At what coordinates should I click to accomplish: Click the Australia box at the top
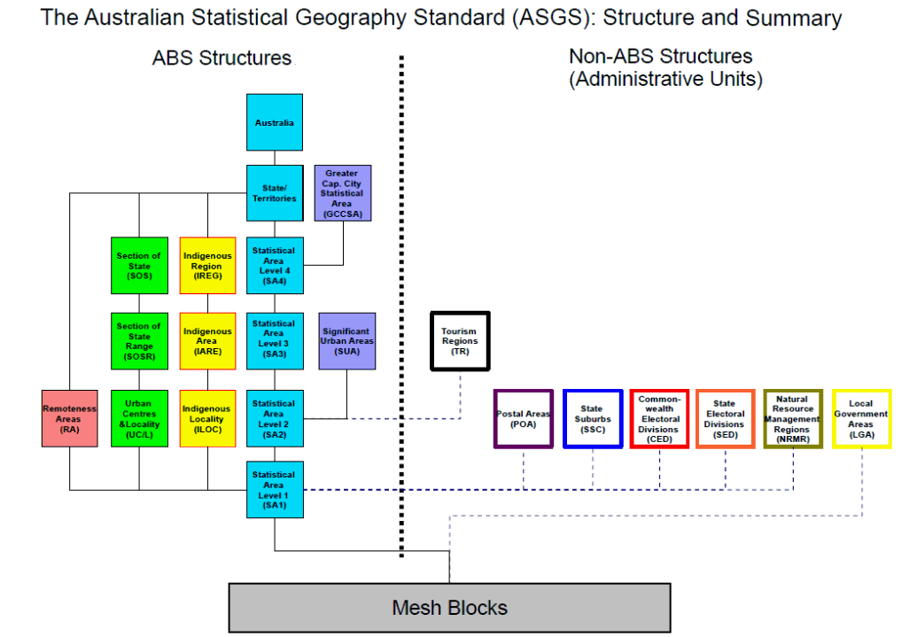275,122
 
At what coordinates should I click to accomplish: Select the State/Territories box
275,193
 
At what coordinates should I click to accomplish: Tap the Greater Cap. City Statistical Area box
343,193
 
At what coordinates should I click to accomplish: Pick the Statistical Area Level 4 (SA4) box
275,265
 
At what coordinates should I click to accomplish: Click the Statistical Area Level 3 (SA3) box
275,340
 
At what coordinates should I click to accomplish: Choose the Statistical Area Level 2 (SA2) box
275,418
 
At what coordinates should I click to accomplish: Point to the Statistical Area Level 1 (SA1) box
275,489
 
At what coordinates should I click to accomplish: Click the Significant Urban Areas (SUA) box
346,340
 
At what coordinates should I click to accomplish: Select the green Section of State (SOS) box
139,265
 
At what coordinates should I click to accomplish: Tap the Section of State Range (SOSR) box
139,340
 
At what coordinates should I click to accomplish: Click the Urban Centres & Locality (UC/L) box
139,418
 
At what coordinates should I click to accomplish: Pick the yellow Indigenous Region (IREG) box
207,265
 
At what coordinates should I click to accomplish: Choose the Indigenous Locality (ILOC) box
207,418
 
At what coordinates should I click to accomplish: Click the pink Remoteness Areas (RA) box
70,418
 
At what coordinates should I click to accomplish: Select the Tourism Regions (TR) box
460,341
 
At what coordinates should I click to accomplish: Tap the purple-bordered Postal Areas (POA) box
524,419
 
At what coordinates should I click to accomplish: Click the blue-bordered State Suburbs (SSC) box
592,419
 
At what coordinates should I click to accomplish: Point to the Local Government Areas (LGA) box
861,419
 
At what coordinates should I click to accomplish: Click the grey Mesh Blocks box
449,607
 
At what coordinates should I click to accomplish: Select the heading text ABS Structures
221,58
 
